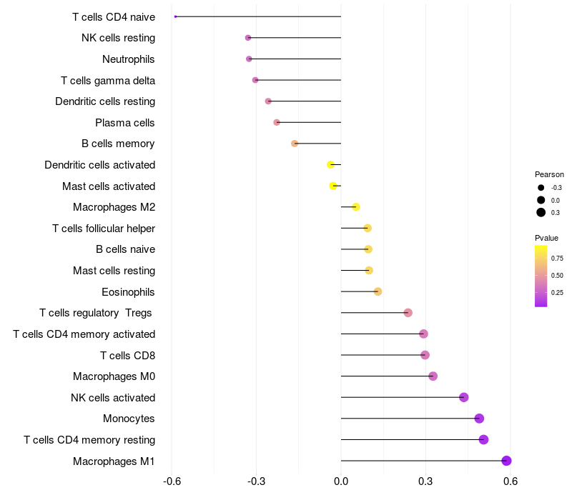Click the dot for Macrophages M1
click(x=507, y=461)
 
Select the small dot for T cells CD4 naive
click(x=175, y=16)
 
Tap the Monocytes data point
click(x=479, y=419)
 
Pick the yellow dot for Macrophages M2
click(x=356, y=207)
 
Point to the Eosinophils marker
click(x=378, y=291)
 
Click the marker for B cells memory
click(x=295, y=144)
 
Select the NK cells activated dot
click(x=464, y=397)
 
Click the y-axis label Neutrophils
click(x=129, y=59)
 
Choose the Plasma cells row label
click(x=125, y=123)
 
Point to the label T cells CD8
click(x=128, y=356)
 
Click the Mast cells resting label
click(x=114, y=271)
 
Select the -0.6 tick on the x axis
click(x=172, y=481)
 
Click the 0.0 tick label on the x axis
click(x=341, y=481)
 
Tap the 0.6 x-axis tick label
click(x=511, y=481)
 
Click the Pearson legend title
click(x=549, y=174)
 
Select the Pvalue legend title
click(x=547, y=238)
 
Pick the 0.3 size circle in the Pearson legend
click(x=541, y=212)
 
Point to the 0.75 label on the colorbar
click(x=557, y=258)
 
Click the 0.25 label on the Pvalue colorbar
click(x=557, y=292)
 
